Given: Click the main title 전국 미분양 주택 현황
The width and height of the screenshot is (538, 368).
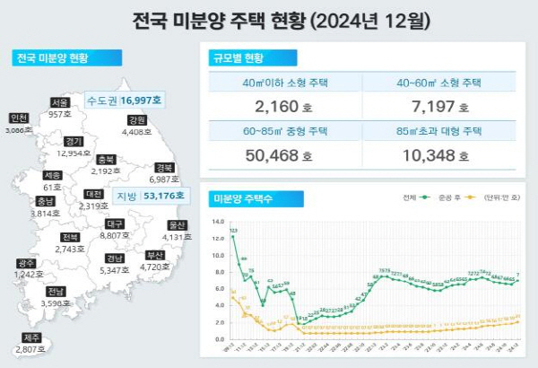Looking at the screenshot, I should point(269,19).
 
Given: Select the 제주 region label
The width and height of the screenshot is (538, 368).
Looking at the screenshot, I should point(30,338).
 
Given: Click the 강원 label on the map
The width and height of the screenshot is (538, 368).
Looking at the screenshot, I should point(137,120).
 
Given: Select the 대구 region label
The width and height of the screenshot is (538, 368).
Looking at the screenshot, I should point(114,223).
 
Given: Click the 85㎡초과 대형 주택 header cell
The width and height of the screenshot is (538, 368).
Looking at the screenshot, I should point(439,131).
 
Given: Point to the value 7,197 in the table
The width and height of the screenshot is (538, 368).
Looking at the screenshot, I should point(439,107).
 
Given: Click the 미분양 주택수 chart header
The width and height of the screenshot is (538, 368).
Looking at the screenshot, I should point(242,197).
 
